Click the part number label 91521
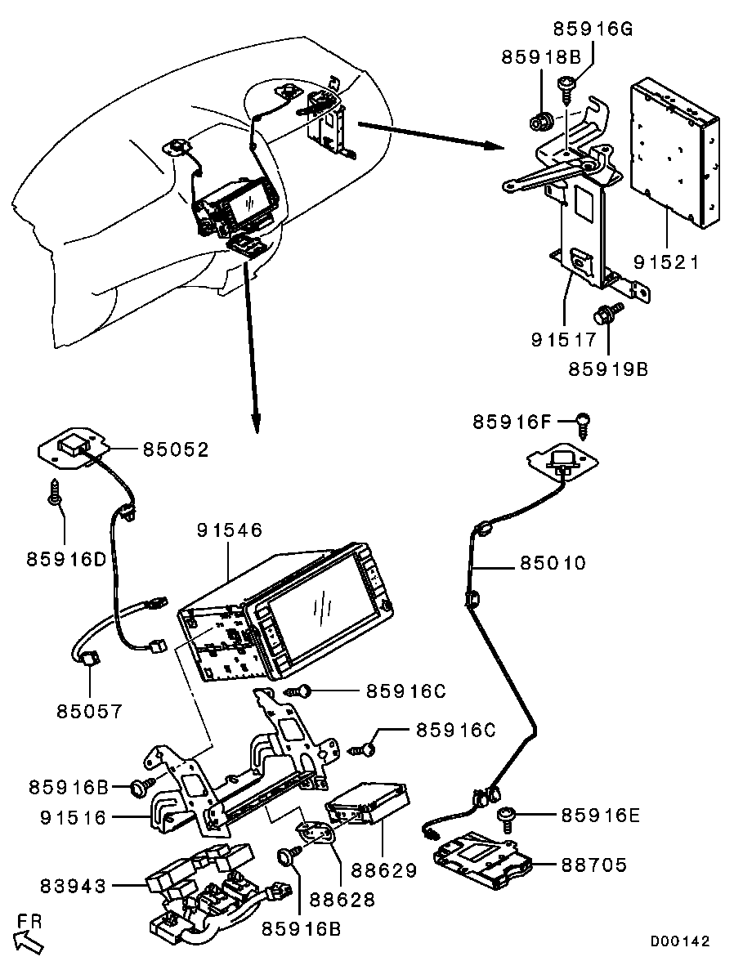[666, 263]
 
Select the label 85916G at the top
[593, 30]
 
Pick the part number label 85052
[176, 449]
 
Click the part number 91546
[229, 530]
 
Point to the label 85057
[89, 711]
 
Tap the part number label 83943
[73, 884]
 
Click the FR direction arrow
[29, 941]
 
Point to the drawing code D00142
[680, 941]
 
